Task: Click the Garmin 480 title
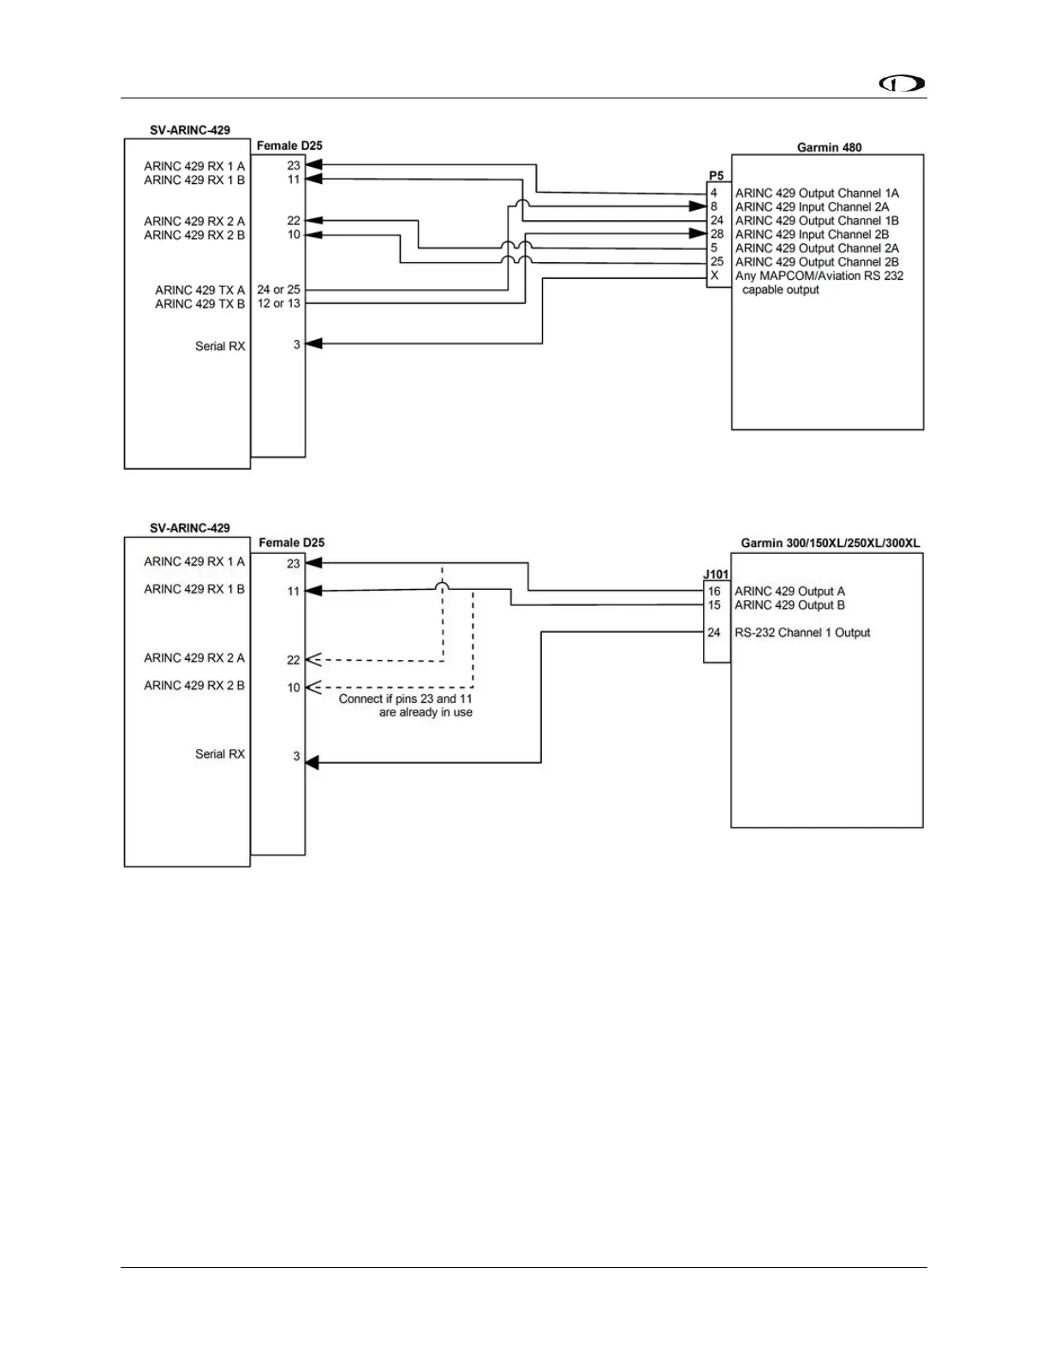(x=829, y=147)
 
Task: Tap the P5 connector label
(x=716, y=176)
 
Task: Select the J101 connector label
(x=716, y=575)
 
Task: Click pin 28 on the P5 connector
(x=717, y=235)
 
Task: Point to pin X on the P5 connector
(x=714, y=276)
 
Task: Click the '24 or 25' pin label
(x=278, y=290)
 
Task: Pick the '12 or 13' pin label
(x=278, y=304)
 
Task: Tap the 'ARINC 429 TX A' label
(x=199, y=290)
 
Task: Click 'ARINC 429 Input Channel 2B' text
(x=812, y=235)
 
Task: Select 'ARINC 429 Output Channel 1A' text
(x=817, y=193)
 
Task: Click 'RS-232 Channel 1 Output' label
(x=802, y=633)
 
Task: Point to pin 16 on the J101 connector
(x=714, y=592)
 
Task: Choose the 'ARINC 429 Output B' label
(x=789, y=605)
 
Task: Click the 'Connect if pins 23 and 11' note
(x=405, y=699)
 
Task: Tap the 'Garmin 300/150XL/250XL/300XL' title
(x=830, y=543)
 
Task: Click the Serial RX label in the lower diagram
(x=220, y=754)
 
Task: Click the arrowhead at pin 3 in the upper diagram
(x=313, y=344)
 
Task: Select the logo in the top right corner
(x=903, y=84)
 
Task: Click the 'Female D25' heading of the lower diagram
(x=291, y=543)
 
